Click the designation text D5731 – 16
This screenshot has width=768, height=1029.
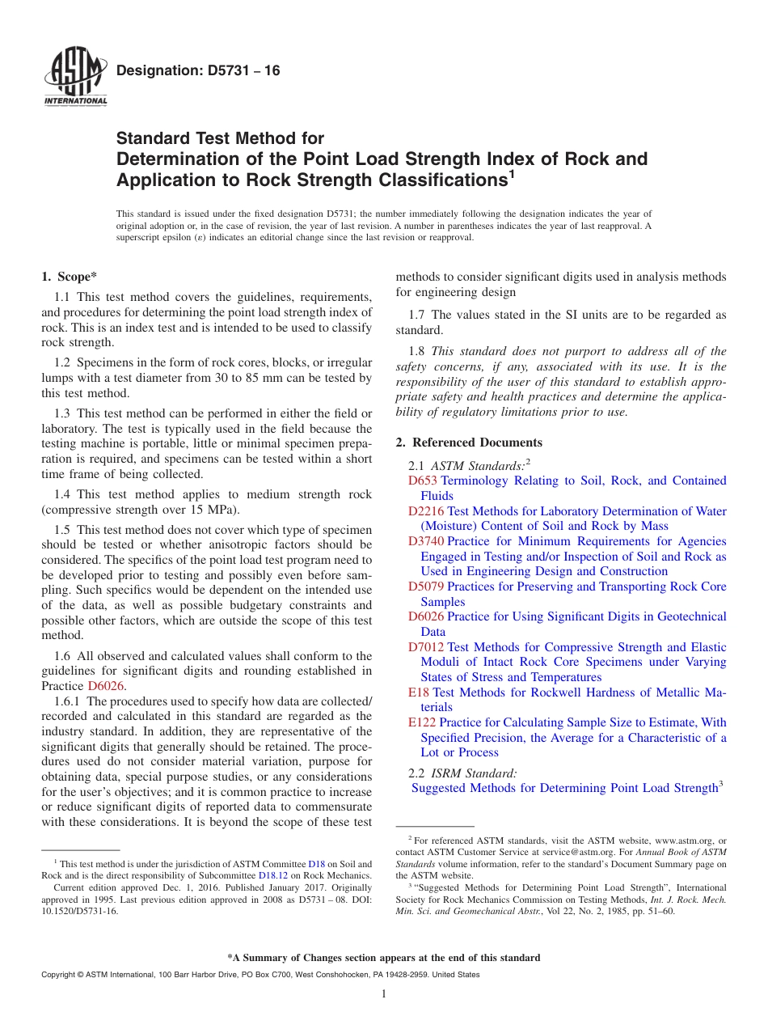point(198,70)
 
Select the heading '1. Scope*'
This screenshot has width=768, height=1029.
point(69,277)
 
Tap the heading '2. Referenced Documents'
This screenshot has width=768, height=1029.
point(469,443)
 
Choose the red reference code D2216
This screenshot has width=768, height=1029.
point(426,511)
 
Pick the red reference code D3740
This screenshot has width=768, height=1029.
point(426,541)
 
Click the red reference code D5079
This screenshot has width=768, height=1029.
point(426,586)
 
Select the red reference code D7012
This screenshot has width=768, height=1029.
point(426,647)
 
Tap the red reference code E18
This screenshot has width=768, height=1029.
point(419,692)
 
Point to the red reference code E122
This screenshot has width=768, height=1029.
point(422,722)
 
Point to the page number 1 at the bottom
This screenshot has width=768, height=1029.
point(384,994)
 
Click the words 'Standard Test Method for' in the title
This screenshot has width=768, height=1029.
point(220,138)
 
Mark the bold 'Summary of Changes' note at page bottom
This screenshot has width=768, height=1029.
point(384,958)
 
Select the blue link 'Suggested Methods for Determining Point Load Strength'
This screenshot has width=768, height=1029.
point(564,788)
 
